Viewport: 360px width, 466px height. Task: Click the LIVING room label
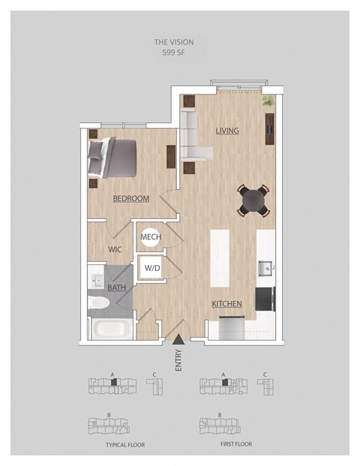click(x=227, y=131)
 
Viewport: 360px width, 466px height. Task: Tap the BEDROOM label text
click(x=131, y=198)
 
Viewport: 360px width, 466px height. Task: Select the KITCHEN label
click(x=226, y=304)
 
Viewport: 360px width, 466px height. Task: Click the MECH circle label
click(x=151, y=237)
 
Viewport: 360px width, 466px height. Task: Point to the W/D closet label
click(x=152, y=268)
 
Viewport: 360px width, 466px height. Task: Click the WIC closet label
click(x=115, y=249)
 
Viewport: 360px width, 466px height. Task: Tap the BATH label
click(x=116, y=287)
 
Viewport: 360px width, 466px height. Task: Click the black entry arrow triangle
click(x=178, y=338)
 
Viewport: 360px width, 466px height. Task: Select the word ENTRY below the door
click(x=178, y=360)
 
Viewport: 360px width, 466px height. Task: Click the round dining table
click(x=253, y=200)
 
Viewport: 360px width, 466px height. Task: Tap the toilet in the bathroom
click(x=99, y=302)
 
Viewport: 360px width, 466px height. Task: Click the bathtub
click(x=112, y=329)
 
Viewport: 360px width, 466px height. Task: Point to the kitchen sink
click(x=265, y=268)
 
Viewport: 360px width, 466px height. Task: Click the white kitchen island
click(x=220, y=258)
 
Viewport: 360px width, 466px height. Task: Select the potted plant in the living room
click(x=268, y=101)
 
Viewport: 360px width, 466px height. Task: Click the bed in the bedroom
click(x=112, y=158)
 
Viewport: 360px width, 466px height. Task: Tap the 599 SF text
click(x=173, y=53)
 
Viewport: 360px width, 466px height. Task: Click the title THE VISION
click(x=174, y=42)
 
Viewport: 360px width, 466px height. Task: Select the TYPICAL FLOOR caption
click(x=125, y=445)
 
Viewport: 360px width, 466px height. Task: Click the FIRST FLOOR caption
click(x=236, y=444)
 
